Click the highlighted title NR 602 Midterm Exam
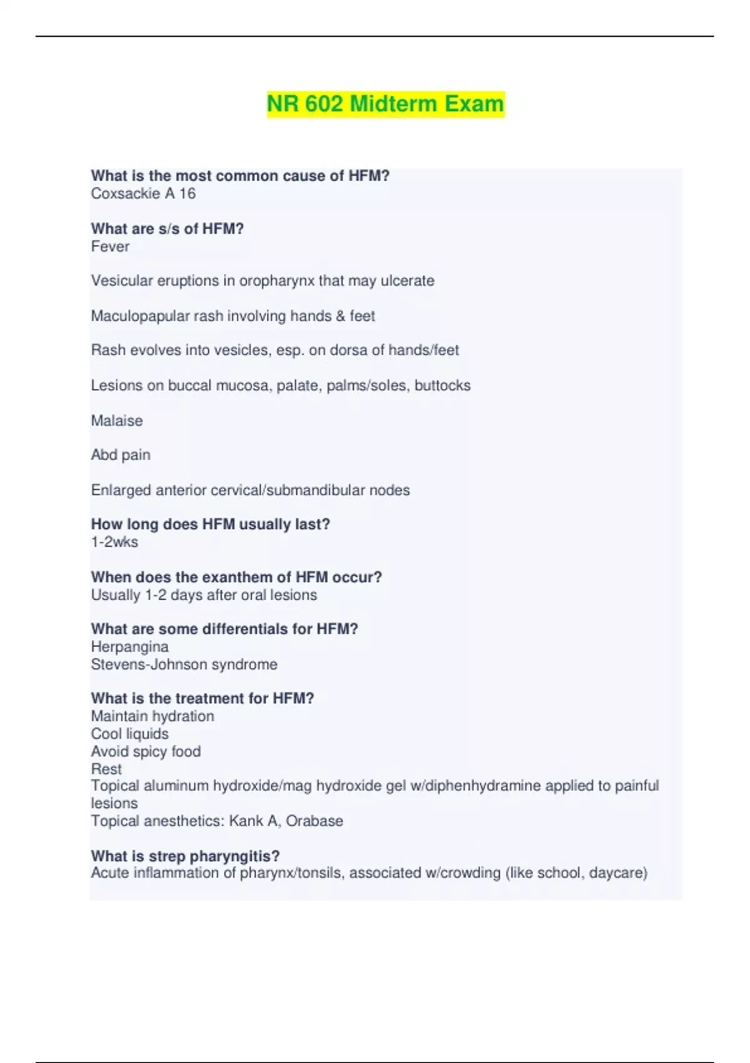click(x=385, y=104)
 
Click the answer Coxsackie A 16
click(x=143, y=194)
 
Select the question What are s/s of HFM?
click(x=167, y=229)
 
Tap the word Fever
click(x=110, y=246)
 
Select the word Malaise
click(x=117, y=421)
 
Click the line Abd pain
click(x=121, y=455)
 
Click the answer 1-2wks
click(x=114, y=542)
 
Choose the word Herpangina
click(x=129, y=647)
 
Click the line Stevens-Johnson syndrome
click(x=184, y=665)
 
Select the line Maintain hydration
click(x=152, y=717)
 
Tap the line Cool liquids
click(x=129, y=734)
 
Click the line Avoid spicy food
click(x=146, y=752)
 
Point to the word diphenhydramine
click(x=481, y=786)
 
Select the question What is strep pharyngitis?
click(x=185, y=856)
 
